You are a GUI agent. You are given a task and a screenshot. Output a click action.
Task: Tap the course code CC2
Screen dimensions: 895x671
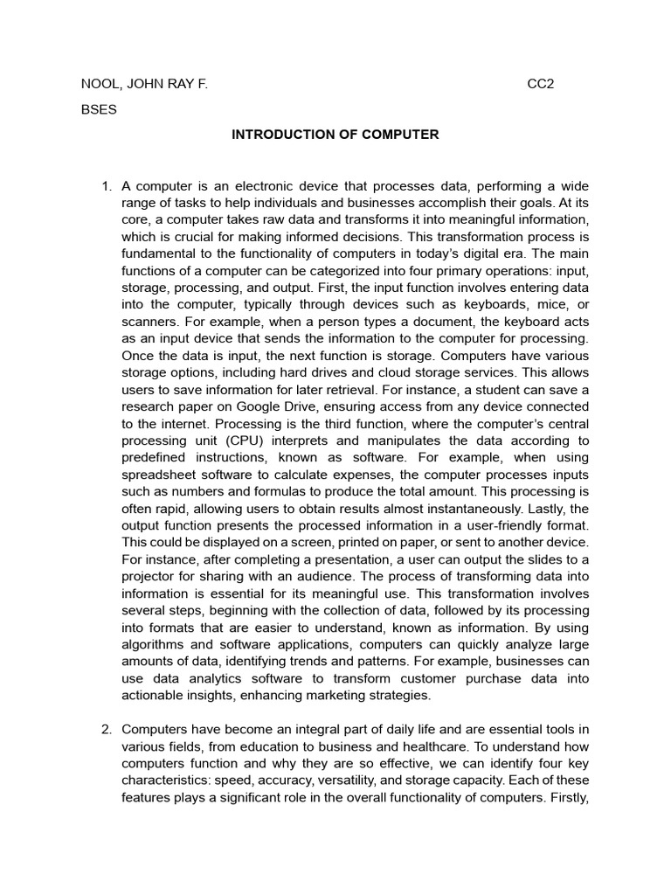coord(541,85)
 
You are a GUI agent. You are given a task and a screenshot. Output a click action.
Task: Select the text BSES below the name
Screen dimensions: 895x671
coord(98,110)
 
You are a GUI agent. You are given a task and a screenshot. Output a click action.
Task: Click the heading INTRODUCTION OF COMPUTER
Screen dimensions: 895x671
coord(335,135)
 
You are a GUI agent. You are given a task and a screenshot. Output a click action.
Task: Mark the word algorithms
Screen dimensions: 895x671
coord(154,644)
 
